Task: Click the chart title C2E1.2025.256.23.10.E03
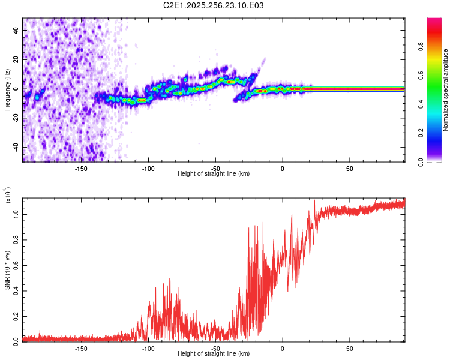223,5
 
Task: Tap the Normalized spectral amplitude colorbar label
445,90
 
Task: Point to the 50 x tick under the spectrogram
349,168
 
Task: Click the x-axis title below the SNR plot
214,354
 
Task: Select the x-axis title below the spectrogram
214,174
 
